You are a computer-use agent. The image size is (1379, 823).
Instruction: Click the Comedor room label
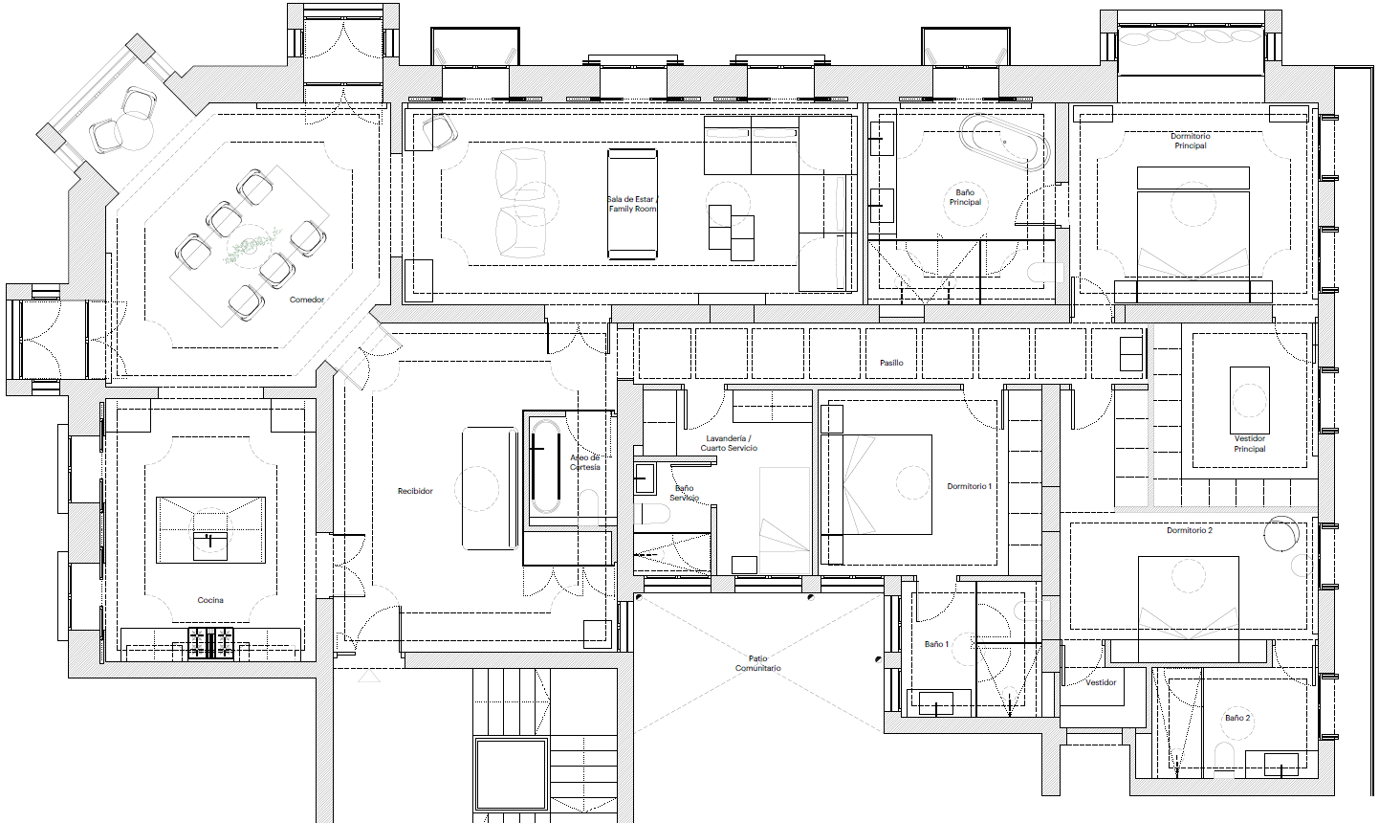click(x=307, y=300)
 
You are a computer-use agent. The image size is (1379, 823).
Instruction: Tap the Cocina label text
click(x=210, y=600)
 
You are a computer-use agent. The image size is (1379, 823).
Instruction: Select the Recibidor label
click(x=415, y=491)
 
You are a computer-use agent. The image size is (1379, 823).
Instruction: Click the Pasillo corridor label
click(x=891, y=363)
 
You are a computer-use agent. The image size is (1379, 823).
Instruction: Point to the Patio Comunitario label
click(x=757, y=663)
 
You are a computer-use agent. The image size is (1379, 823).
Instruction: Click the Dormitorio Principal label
click(x=1190, y=141)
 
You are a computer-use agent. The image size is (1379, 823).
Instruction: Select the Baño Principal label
click(x=965, y=197)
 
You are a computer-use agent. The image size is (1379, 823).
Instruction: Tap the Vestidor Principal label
click(x=1250, y=443)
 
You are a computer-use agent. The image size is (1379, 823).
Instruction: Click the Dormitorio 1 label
click(x=969, y=486)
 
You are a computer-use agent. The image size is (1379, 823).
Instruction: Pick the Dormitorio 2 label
click(x=1190, y=530)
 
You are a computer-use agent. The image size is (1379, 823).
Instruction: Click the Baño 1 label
click(x=936, y=644)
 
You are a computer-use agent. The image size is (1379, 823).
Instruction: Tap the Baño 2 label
click(x=1237, y=718)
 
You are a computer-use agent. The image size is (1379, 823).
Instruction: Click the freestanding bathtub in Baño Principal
click(x=1003, y=143)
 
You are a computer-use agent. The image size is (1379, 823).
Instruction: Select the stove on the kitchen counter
click(x=210, y=644)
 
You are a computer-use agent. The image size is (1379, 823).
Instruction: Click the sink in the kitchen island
click(x=210, y=545)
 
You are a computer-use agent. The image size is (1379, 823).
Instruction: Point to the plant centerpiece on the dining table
click(x=252, y=246)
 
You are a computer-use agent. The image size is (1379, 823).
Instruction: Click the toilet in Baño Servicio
click(x=651, y=513)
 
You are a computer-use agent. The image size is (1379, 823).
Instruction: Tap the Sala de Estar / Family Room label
click(x=632, y=204)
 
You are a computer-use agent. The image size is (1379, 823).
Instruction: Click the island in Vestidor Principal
click(x=1250, y=400)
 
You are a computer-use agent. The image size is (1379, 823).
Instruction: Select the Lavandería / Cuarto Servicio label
click(x=729, y=443)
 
